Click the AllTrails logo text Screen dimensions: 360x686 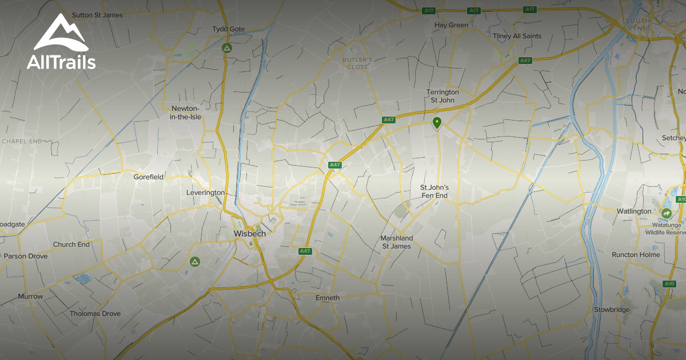coord(61,62)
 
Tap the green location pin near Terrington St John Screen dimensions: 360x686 coord(437,122)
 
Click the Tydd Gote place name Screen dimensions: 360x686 coord(228,29)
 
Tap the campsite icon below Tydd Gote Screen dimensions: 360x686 coord(227,49)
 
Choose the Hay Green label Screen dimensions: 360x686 coord(451,25)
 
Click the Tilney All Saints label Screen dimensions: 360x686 coord(517,36)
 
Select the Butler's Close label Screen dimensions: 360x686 coord(358,63)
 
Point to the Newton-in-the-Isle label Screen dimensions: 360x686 coord(186,113)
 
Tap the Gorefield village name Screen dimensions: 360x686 coord(149,177)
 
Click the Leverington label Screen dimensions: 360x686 coord(205,193)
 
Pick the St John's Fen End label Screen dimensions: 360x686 coord(434,191)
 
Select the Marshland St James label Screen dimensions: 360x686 coord(396,242)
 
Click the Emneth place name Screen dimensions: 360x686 coord(328,298)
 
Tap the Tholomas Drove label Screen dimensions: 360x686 coord(95,314)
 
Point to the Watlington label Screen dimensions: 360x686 coord(633,211)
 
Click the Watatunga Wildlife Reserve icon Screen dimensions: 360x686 coord(666,214)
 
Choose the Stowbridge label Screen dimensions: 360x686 coord(611,310)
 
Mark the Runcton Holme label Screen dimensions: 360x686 coord(635,255)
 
